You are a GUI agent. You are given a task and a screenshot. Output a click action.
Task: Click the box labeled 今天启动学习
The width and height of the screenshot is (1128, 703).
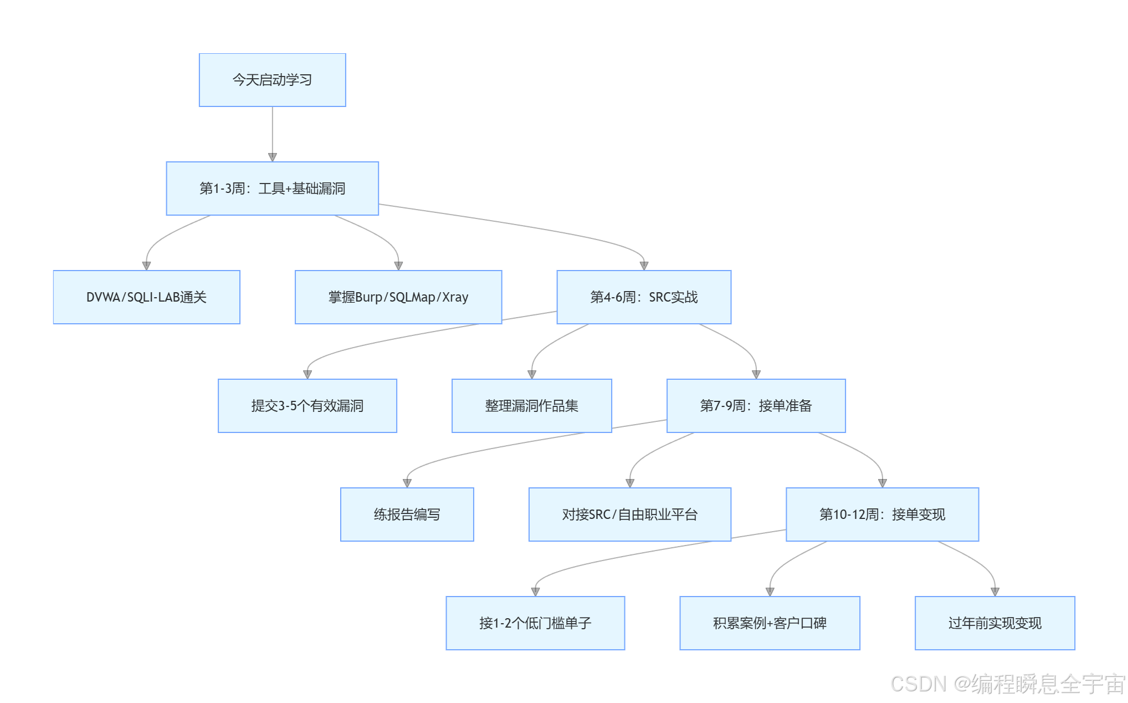tap(272, 80)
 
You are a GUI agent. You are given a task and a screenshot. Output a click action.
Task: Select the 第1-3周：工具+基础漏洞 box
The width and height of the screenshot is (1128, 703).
tap(272, 189)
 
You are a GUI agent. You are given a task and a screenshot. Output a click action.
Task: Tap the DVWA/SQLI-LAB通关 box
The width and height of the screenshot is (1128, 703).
tap(146, 297)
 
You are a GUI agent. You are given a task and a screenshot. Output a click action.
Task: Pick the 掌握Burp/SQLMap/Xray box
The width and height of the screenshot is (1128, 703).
tap(398, 297)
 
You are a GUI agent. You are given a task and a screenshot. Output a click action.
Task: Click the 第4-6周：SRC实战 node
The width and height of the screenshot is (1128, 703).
tap(644, 297)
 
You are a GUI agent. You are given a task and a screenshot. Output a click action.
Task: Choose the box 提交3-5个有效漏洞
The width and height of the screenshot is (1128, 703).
tap(307, 406)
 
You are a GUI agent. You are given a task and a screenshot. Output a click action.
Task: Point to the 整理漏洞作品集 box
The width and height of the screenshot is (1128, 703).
tap(532, 406)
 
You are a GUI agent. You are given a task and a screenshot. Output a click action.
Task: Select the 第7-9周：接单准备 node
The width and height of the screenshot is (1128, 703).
tap(756, 406)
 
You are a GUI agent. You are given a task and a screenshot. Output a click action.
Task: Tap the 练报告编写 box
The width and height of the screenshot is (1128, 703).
tap(407, 514)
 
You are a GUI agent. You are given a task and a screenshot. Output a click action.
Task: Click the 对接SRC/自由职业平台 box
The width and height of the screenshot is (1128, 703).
tap(630, 514)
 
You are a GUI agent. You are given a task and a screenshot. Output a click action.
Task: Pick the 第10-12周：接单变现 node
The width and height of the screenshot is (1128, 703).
tap(882, 514)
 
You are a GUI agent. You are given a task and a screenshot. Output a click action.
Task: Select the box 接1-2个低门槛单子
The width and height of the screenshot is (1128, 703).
tap(535, 623)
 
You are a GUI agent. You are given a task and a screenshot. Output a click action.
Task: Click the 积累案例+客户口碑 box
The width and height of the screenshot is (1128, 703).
tap(770, 623)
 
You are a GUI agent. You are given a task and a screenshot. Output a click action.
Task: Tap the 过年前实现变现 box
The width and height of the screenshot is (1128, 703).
tap(994, 623)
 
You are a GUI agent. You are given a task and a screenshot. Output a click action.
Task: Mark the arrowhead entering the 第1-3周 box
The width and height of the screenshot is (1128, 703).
tap(272, 157)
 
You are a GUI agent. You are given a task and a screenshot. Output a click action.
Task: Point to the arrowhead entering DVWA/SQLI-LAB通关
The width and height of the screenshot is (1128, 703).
tap(146, 266)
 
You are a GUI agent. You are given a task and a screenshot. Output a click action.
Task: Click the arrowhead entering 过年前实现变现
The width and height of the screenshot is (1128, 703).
tap(994, 592)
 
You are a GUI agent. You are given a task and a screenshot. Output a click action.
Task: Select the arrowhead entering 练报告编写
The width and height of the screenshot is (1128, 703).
tap(407, 483)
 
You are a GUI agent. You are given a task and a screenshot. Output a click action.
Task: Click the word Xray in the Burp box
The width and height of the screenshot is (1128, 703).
tap(455, 297)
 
